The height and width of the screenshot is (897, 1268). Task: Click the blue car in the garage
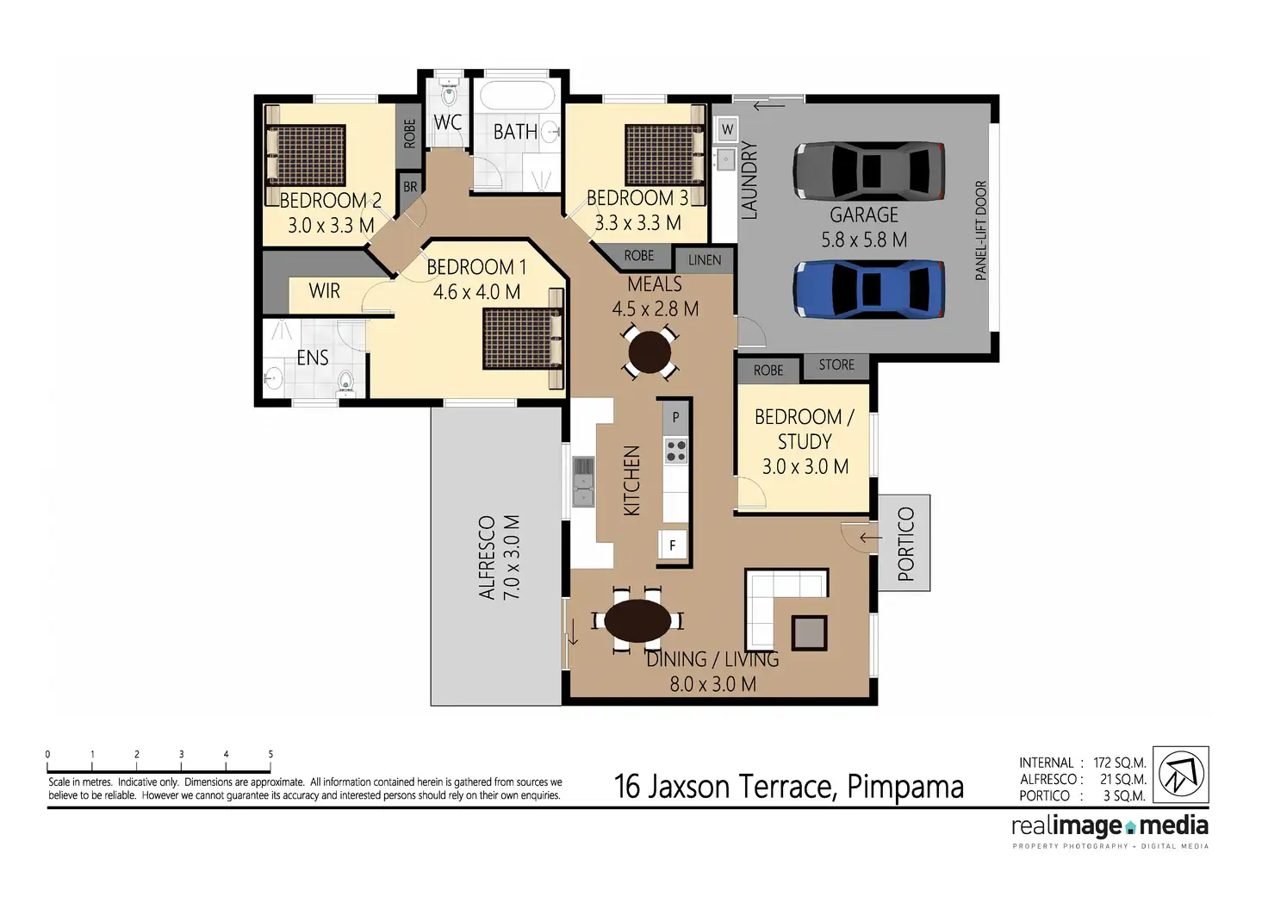[x=868, y=290]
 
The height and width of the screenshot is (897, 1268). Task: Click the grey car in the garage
[x=868, y=171]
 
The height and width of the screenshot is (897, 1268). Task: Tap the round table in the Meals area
[x=650, y=352]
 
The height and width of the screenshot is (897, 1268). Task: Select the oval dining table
[x=637, y=620]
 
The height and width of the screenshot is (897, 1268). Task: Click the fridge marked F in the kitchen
[x=673, y=545]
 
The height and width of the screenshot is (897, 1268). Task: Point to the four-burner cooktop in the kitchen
[x=675, y=452]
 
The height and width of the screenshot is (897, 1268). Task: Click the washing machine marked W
[x=727, y=129]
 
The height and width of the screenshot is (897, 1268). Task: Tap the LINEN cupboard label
[x=705, y=260]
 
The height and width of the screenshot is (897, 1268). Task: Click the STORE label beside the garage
[x=836, y=364]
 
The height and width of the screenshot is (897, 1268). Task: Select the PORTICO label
[x=905, y=544]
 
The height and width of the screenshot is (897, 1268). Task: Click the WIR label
[x=325, y=291]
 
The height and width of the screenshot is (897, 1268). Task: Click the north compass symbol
[x=1181, y=774]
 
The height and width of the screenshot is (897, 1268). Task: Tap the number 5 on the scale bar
[x=270, y=754]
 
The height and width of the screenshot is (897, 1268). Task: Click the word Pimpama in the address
[x=905, y=787]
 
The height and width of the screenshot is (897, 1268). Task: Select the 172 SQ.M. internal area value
[x=1120, y=763]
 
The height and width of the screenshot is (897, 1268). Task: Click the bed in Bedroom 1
[x=523, y=339]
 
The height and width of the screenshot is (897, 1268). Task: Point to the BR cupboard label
[x=410, y=186]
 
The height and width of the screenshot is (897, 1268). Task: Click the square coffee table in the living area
[x=809, y=632]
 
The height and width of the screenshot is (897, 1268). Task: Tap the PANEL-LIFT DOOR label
[x=981, y=230]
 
